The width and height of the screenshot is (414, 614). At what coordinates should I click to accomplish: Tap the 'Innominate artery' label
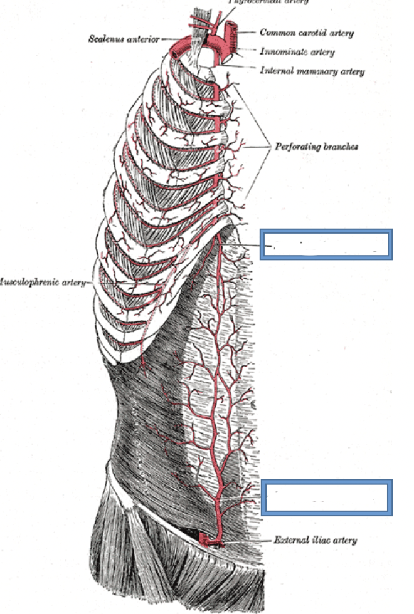tap(298, 52)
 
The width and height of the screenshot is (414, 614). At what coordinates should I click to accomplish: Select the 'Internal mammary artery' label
tap(312, 71)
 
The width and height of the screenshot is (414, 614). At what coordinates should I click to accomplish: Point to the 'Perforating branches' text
tap(316, 147)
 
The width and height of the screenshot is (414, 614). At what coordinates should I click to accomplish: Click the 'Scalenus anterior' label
tap(125, 39)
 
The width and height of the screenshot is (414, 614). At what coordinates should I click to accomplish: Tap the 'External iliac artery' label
tap(315, 539)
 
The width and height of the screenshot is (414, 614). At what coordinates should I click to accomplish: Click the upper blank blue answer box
tap(326, 244)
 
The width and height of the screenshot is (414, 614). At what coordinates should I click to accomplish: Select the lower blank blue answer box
tap(326, 497)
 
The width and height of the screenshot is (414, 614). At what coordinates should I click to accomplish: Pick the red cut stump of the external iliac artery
tap(205, 538)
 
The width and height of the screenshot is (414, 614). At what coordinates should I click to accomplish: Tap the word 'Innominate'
tap(282, 52)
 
